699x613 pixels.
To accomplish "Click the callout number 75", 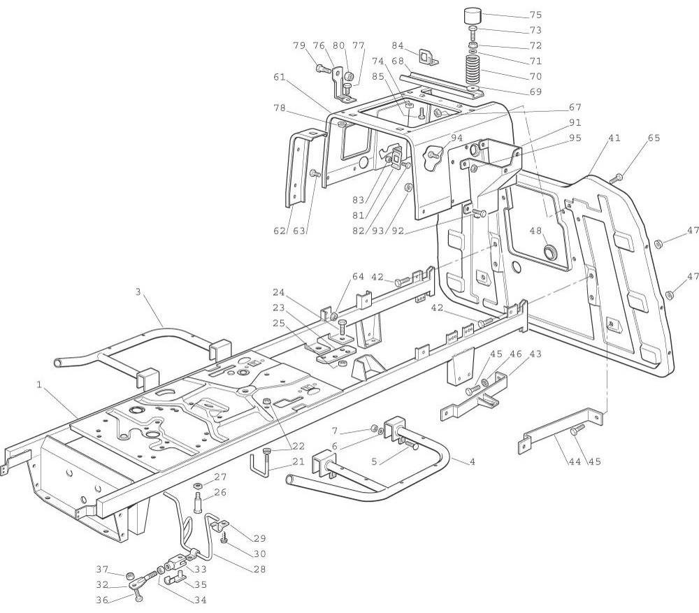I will click(555, 15).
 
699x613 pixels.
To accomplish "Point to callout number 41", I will click(614, 138).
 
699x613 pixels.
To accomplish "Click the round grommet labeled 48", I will click(552, 250).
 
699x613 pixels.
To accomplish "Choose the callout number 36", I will click(103, 599).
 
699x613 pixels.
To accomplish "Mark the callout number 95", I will click(575, 138).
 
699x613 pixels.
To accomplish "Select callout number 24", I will click(279, 292).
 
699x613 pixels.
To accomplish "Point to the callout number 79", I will click(299, 46).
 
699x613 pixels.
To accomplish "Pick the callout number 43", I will click(535, 354).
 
